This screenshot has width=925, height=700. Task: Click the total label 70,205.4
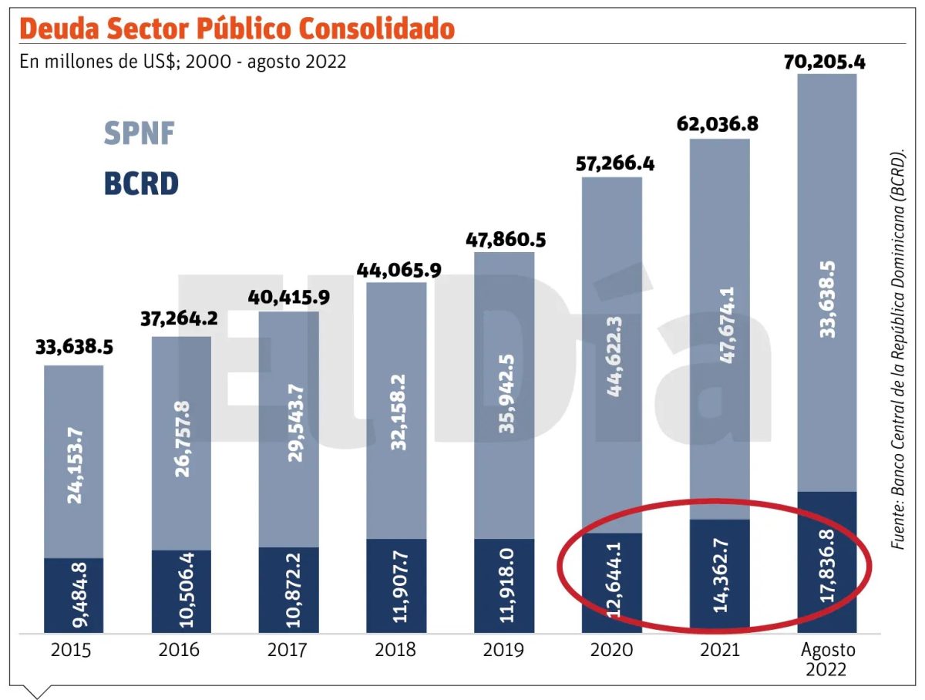(825, 62)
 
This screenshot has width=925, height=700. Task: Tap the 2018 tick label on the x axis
(395, 650)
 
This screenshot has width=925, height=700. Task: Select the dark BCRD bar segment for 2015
(73, 594)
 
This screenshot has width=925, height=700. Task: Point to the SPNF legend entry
(139, 135)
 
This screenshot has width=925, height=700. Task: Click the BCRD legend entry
(140, 184)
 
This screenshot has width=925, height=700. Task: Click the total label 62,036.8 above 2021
(716, 123)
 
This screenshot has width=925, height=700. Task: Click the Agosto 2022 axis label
(826, 659)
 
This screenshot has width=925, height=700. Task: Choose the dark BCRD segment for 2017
(288, 590)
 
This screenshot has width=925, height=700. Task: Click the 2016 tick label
(179, 650)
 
